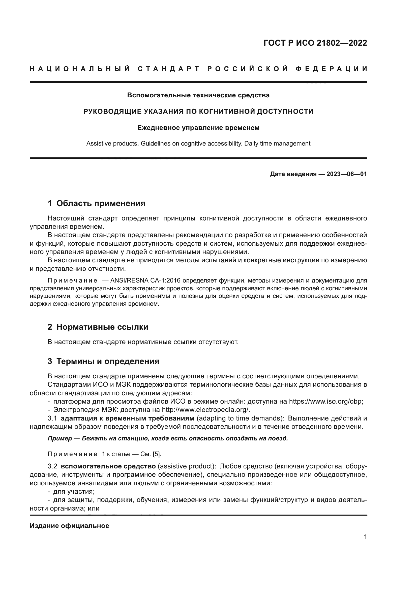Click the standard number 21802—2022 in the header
coord(342,43)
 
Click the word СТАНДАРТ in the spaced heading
coord(168,69)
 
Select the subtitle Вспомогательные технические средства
coord(198,95)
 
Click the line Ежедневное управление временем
coord(198,128)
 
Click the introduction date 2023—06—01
coord(346,174)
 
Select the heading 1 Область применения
coord(96,204)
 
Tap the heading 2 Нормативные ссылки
coord(98,327)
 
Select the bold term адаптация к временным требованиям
coord(127,418)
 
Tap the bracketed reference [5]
coord(157,454)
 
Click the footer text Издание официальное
coord(69,526)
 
